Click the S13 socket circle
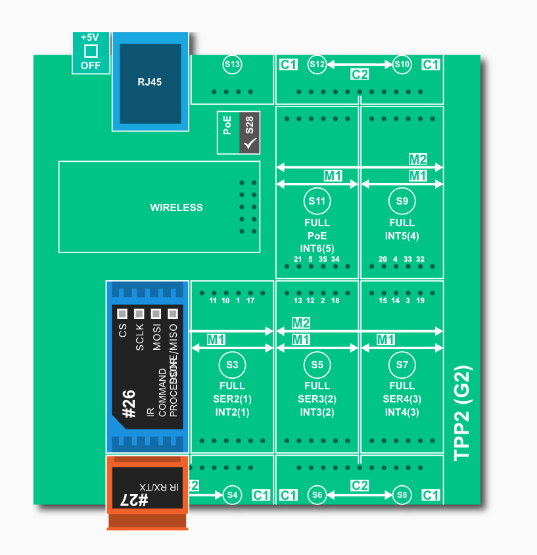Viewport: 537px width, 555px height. (233, 64)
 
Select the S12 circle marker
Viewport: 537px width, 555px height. (317, 64)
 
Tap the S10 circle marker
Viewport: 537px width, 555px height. (402, 64)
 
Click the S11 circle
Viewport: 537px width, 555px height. (317, 201)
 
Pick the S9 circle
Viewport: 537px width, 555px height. (402, 201)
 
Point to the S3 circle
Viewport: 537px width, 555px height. (233, 364)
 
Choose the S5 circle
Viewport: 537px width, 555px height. (317, 364)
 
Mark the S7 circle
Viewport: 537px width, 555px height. (402, 364)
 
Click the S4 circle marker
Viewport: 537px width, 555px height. (232, 495)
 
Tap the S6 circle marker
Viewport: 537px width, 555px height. (317, 495)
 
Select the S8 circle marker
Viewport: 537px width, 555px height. (402, 495)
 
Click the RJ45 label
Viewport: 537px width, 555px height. (150, 82)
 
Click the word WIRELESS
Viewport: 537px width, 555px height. (176, 208)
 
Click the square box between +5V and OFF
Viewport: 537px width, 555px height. (91, 51)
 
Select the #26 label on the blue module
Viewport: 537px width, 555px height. (129, 403)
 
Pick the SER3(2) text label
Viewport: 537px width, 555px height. (317, 399)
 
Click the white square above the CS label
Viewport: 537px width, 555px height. (123, 314)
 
